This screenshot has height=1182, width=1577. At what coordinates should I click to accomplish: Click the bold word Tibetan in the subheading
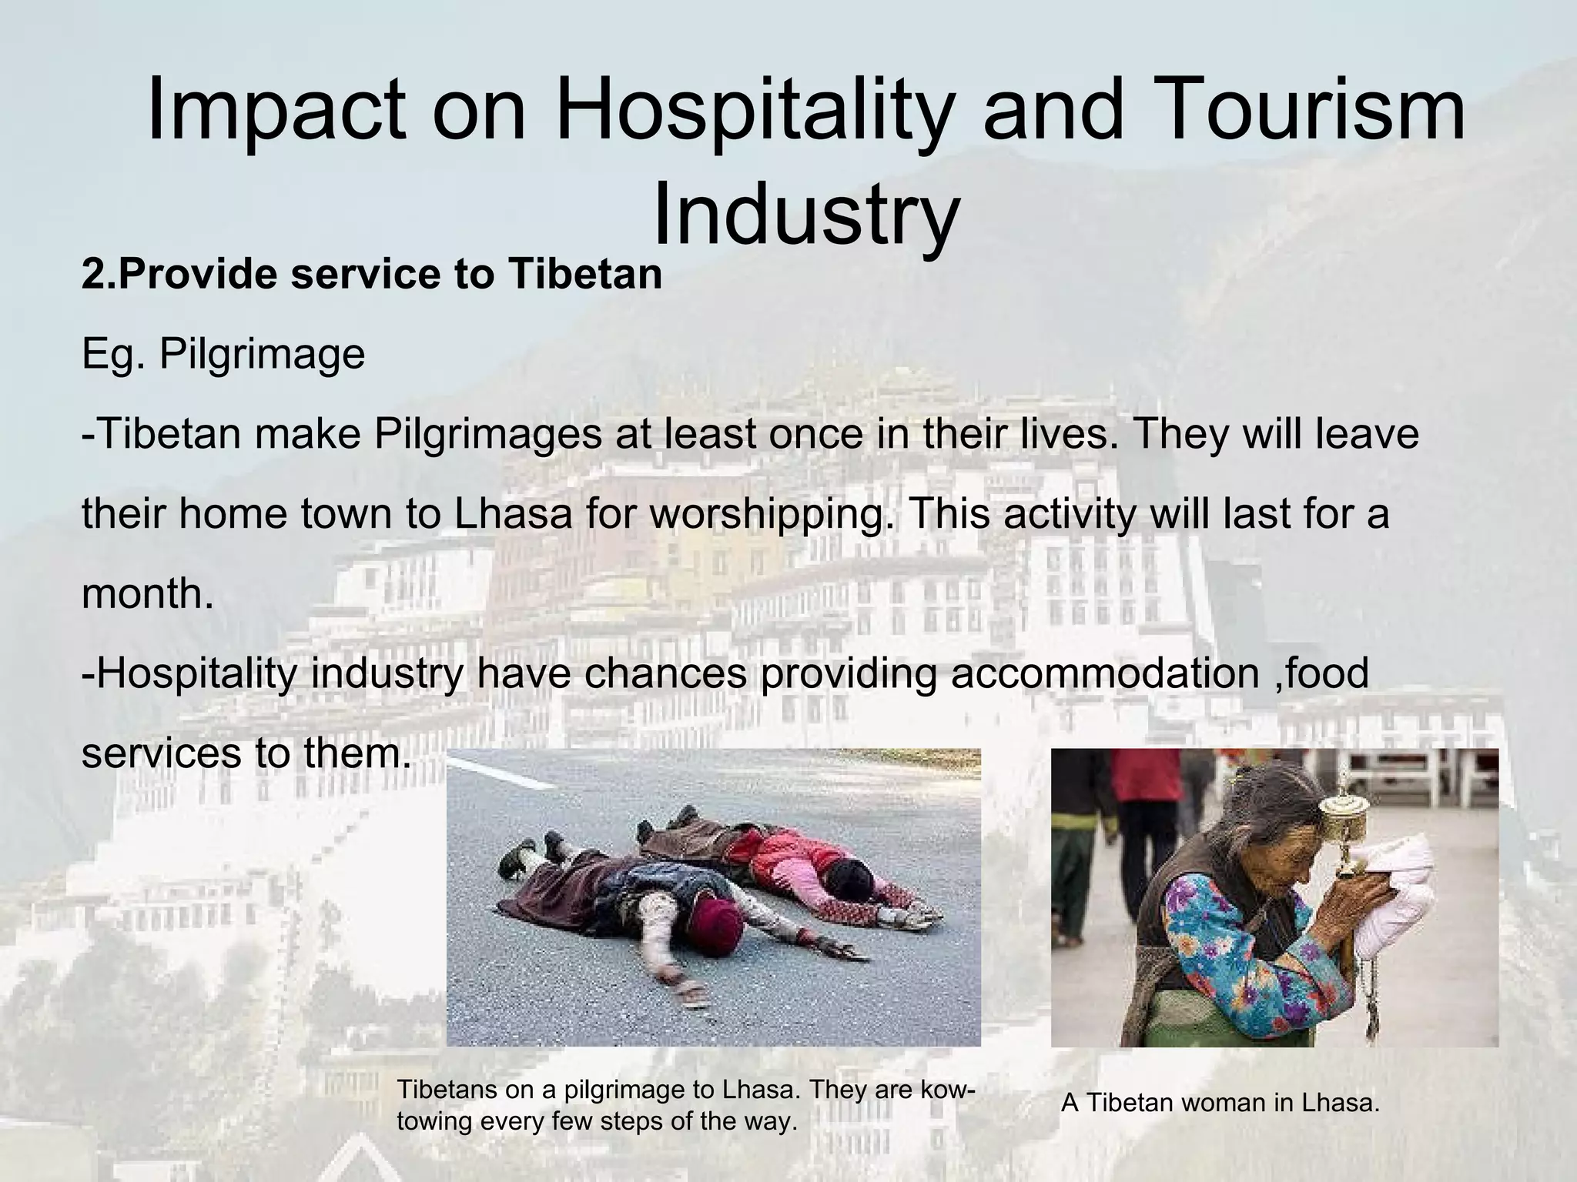pos(584,275)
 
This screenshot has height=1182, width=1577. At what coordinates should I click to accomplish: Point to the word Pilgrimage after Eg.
pos(262,354)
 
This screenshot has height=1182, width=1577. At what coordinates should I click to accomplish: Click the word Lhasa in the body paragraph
pos(513,514)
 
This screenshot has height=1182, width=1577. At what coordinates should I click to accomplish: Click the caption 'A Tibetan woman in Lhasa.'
pos(1220,1103)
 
